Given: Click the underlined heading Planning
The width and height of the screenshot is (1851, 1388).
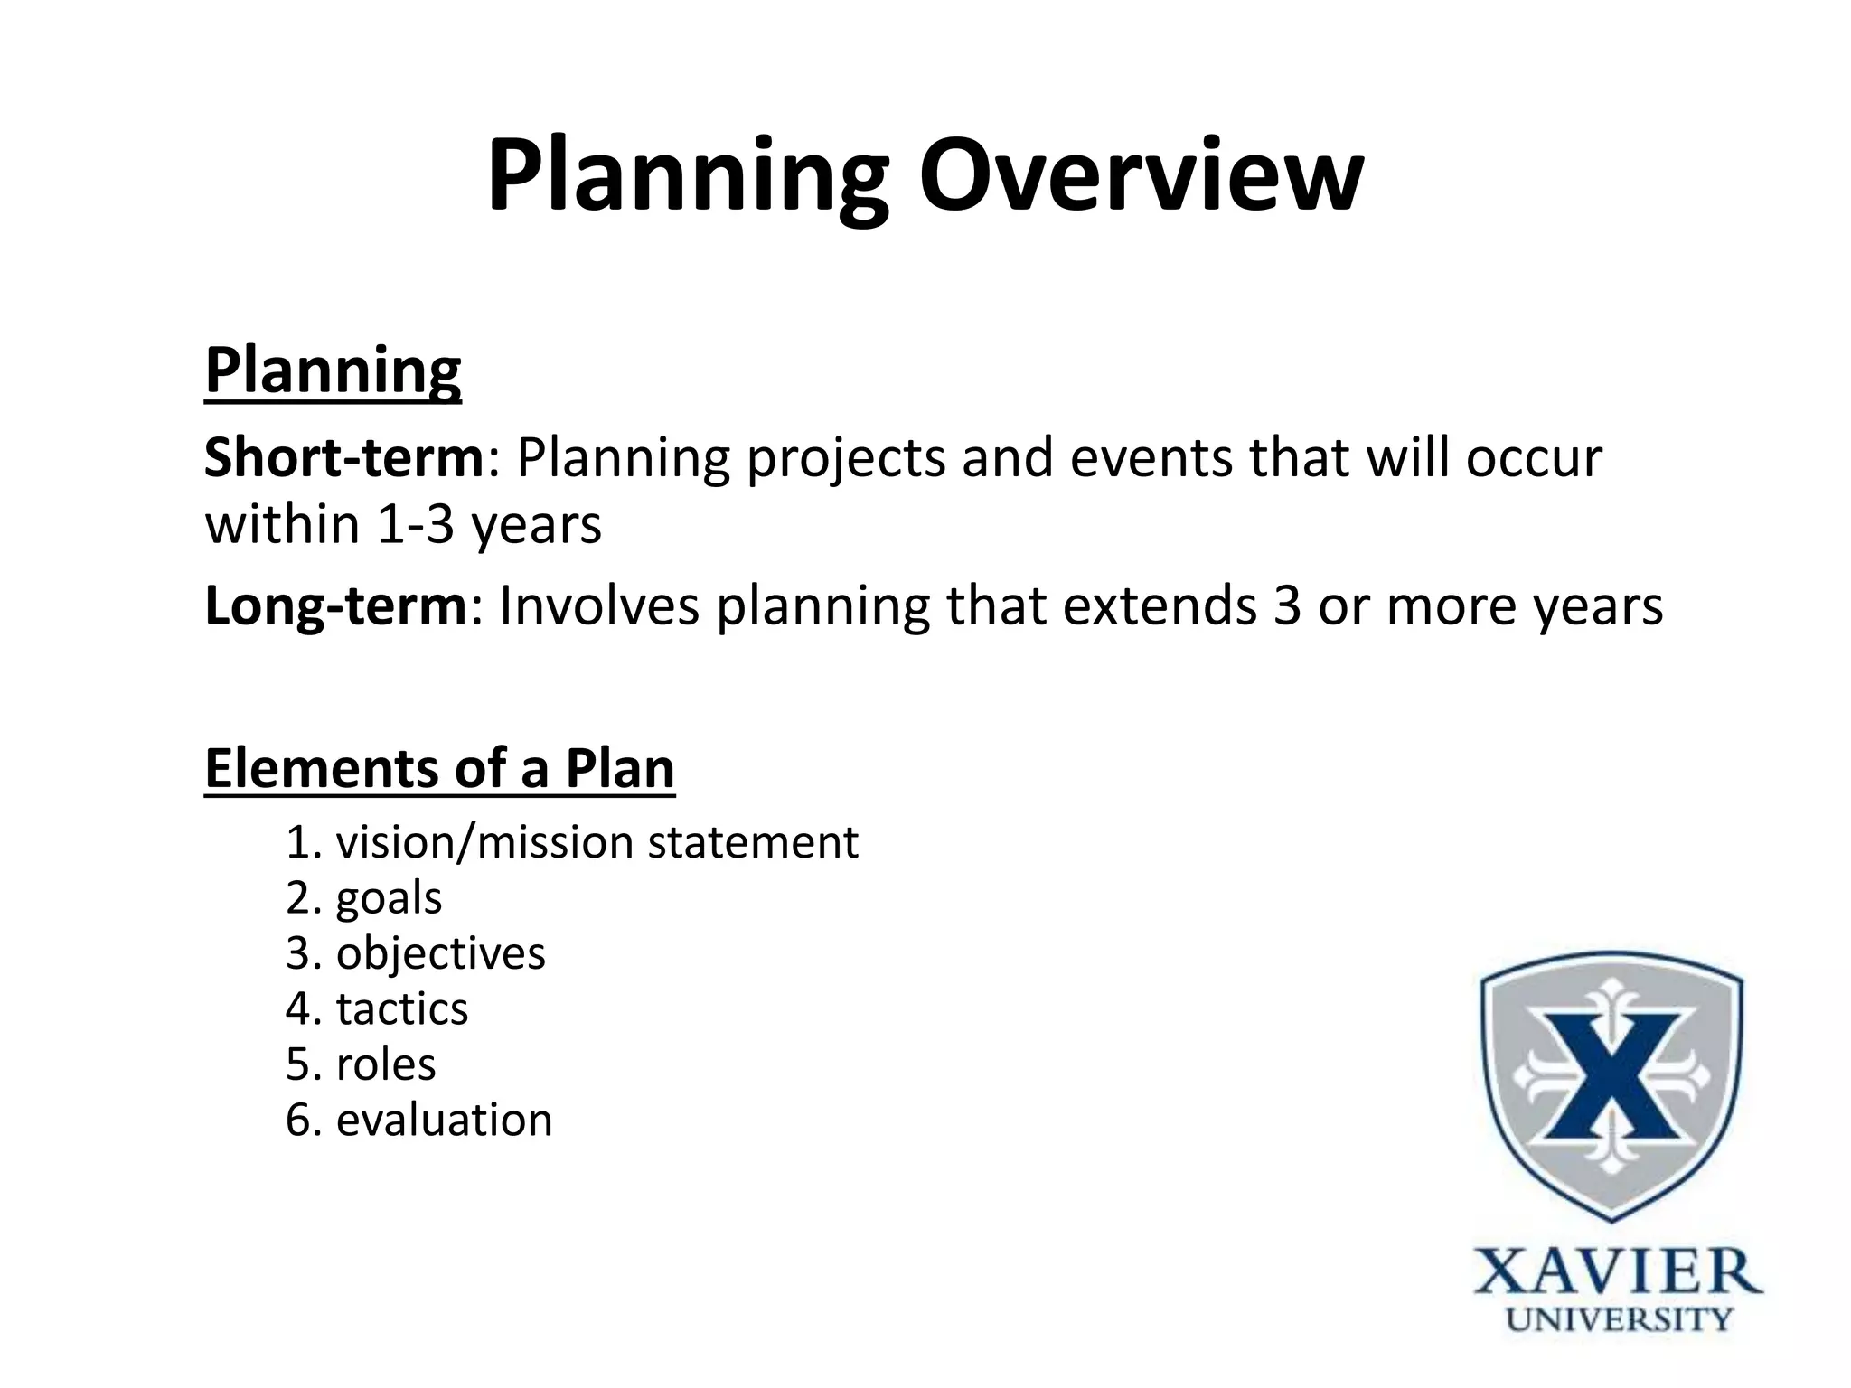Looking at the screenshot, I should (x=333, y=370).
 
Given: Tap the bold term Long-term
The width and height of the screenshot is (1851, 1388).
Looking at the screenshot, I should (x=335, y=605).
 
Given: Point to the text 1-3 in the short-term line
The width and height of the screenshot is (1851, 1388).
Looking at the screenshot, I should (x=414, y=525).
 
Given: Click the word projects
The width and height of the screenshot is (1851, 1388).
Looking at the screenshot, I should (x=844, y=458).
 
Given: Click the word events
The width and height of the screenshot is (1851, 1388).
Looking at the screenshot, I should (x=1151, y=458).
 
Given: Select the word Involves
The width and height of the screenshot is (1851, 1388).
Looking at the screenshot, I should (x=598, y=605).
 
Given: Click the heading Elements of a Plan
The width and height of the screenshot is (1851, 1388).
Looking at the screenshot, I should (x=439, y=769).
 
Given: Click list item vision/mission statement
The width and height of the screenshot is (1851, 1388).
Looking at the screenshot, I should (x=597, y=843).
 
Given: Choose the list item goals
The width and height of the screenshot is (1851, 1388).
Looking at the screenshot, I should (x=389, y=899).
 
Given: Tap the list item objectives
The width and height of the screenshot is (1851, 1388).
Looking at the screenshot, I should (x=440, y=954).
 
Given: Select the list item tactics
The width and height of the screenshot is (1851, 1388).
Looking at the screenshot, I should (x=402, y=1009).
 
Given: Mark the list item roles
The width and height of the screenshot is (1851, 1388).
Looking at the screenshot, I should (x=386, y=1065).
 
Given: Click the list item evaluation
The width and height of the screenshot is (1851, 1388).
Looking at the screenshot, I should (x=444, y=1121).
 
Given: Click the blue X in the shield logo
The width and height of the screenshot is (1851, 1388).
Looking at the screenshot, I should (x=1611, y=1076).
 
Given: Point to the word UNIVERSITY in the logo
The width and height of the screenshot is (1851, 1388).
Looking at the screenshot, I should (x=1618, y=1320).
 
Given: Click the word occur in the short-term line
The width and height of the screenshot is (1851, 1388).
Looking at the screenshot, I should (x=1533, y=458).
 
